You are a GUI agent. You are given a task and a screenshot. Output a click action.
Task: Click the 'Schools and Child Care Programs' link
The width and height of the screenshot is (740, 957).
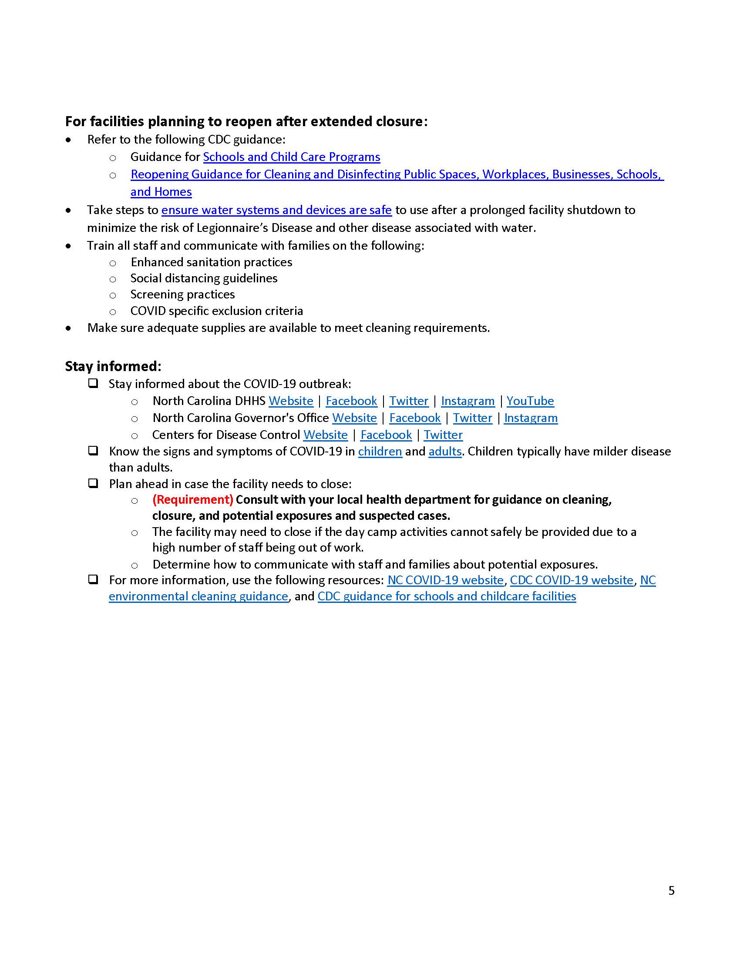click(292, 157)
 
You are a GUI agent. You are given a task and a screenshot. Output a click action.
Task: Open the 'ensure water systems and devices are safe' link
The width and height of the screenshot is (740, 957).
click(276, 210)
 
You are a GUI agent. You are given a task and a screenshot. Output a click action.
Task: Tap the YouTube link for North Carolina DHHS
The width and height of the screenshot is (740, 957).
click(530, 401)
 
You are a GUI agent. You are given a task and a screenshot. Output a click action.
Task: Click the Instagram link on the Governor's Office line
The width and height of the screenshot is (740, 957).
click(531, 418)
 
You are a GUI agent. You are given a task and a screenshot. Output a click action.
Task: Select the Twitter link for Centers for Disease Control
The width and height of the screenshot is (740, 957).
click(443, 435)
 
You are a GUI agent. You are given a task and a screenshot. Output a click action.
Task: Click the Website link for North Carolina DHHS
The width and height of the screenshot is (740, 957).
click(291, 401)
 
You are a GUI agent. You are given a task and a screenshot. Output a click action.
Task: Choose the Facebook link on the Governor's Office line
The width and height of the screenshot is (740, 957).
click(415, 418)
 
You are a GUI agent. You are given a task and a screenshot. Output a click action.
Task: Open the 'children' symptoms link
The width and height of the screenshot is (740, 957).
click(380, 452)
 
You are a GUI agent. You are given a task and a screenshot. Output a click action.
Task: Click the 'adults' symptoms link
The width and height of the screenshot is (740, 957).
click(444, 452)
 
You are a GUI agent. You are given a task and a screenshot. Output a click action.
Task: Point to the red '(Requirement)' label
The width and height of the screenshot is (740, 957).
click(192, 499)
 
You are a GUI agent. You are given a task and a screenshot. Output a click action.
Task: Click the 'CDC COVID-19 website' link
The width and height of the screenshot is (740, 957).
click(571, 580)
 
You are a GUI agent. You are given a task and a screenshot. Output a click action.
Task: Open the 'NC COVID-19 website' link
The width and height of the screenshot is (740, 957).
click(445, 580)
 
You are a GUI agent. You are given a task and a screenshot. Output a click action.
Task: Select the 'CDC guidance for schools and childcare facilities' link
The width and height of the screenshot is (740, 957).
click(446, 596)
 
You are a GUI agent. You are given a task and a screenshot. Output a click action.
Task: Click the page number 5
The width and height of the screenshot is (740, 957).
click(671, 891)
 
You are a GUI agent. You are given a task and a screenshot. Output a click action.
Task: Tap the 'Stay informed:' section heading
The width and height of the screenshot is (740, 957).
click(113, 366)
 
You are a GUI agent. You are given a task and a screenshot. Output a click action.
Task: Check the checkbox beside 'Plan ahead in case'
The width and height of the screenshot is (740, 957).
click(93, 484)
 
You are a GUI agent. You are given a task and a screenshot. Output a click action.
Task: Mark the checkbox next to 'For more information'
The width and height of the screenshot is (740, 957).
click(93, 580)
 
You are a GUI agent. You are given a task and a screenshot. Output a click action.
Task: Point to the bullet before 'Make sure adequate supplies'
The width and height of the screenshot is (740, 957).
click(68, 328)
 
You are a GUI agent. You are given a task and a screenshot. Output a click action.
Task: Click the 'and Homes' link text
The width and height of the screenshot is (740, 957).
click(161, 192)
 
